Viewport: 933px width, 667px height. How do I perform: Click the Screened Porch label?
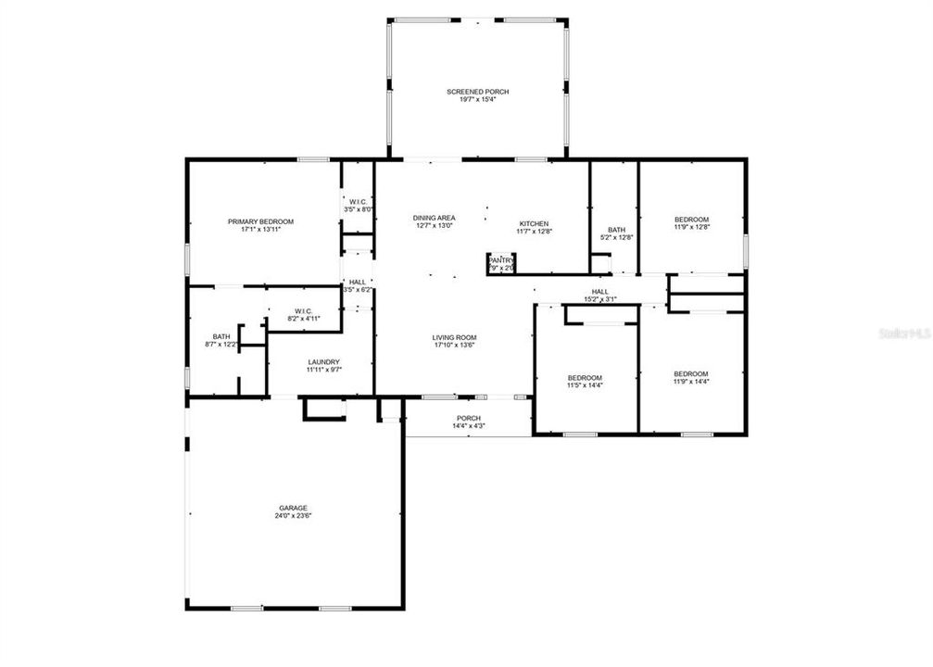477,92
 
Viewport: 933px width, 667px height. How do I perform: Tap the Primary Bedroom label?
260,221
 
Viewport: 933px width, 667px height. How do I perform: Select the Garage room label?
293,508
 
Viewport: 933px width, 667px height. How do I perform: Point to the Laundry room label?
323,362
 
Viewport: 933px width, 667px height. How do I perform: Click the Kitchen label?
534,223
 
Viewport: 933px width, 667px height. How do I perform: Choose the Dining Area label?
434,218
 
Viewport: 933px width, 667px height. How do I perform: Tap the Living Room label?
454,337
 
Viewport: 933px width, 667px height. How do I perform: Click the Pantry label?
501,259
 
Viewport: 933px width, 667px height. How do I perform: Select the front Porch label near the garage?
468,418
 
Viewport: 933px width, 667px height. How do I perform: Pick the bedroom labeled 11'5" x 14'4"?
585,378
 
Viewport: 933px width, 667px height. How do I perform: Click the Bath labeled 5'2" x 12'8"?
616,230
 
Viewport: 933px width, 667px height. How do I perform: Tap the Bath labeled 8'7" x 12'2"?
221,337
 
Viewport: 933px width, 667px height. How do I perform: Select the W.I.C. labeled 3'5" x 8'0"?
358,202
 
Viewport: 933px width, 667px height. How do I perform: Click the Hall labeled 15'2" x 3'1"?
599,291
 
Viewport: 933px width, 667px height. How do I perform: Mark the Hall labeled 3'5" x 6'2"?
357,282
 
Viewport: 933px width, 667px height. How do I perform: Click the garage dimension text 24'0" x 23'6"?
293,516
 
